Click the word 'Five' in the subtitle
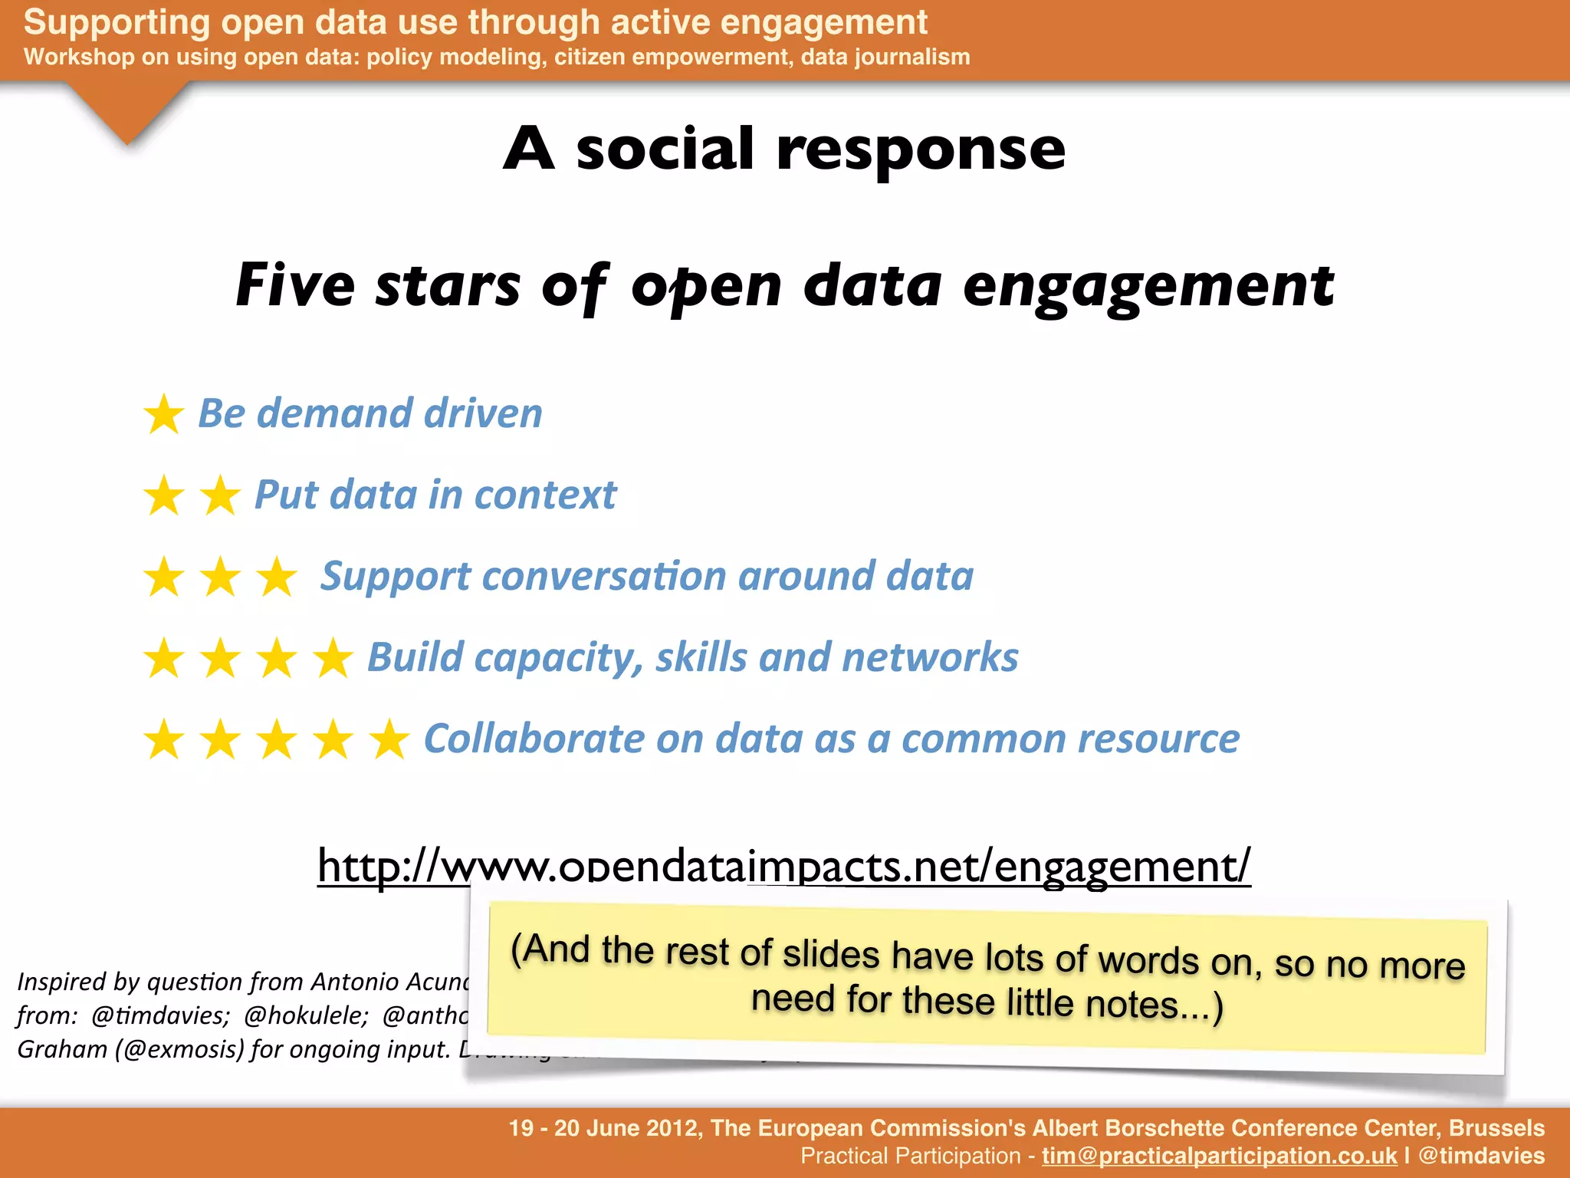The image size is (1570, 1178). pos(295,285)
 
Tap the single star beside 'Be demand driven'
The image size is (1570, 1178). pos(164,415)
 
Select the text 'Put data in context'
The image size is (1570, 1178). pos(435,495)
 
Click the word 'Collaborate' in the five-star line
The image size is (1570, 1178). pos(534,739)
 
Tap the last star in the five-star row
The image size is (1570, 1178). pos(389,739)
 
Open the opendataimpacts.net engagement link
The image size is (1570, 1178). pos(783,866)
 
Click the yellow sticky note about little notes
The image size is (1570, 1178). pos(987,978)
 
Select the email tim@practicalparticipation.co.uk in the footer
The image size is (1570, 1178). pos(1219,1156)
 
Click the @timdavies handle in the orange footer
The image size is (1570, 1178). pos(1481,1156)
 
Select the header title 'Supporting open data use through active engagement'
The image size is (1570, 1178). pos(475,22)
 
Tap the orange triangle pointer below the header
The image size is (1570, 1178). pos(127,111)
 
